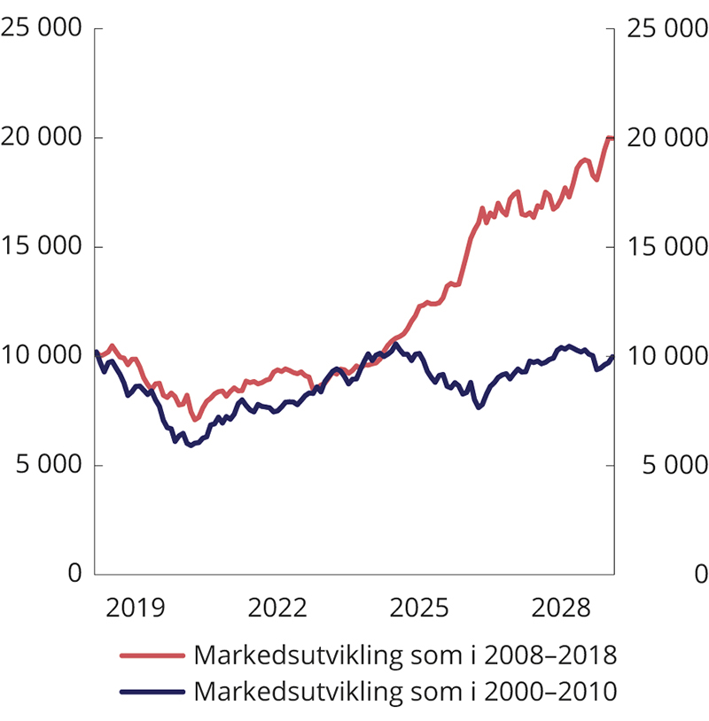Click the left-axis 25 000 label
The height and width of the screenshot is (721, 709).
43,28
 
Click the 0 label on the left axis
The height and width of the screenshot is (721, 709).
74,574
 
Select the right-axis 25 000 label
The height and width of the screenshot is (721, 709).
666,28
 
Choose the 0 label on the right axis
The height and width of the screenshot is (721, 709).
700,574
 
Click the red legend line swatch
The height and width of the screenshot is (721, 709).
152,656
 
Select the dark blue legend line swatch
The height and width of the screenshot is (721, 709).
152,690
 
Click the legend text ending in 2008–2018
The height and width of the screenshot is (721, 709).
404,656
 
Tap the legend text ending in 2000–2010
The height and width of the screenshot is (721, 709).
404,690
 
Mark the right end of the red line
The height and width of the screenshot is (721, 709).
612,138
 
